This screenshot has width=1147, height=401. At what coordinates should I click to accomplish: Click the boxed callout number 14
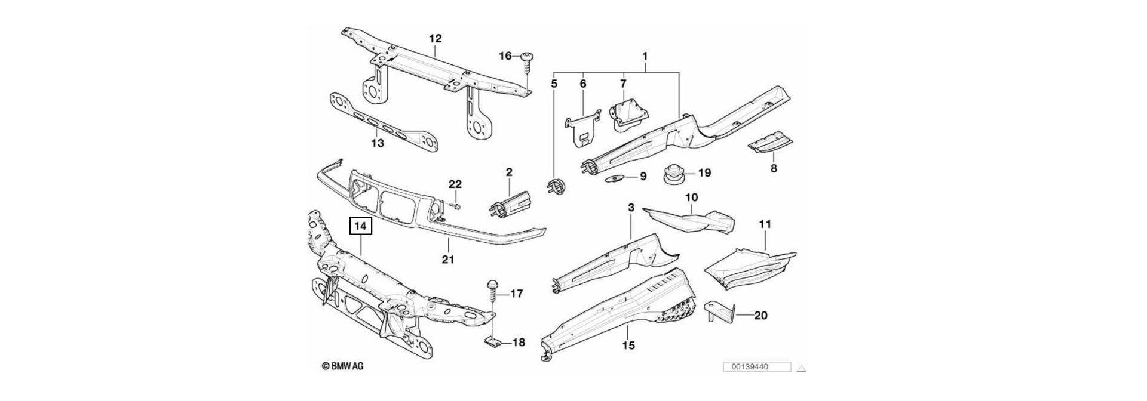point(361,227)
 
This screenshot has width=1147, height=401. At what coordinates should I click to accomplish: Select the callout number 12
point(435,39)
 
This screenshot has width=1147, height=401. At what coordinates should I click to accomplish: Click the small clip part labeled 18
point(490,343)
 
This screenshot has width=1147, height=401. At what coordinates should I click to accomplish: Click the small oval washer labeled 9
point(616,177)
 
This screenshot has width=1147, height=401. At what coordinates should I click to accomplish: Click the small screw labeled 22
point(456,206)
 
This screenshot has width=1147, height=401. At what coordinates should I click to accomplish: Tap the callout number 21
point(448,260)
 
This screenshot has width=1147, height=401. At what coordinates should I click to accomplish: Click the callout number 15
point(628,345)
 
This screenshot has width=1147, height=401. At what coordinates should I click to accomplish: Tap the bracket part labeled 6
point(583,131)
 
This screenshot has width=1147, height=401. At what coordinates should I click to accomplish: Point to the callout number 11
point(765,224)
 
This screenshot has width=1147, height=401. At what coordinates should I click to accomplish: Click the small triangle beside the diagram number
point(803,368)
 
